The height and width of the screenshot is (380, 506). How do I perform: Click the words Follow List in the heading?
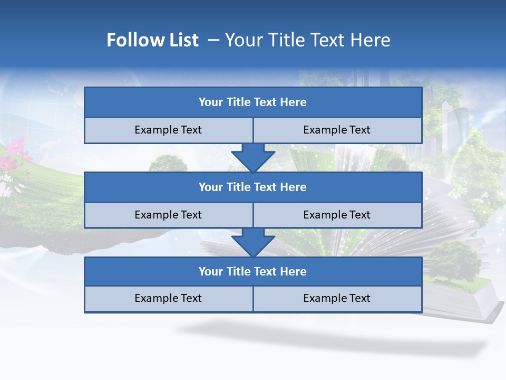(x=152, y=40)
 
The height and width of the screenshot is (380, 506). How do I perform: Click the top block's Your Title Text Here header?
(x=252, y=102)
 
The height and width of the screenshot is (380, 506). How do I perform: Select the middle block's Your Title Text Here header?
(x=252, y=187)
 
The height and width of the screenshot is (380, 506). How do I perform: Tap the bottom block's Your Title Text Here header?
(x=252, y=271)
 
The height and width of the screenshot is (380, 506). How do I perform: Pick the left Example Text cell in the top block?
(x=168, y=130)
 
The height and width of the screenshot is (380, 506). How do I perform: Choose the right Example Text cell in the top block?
(x=337, y=130)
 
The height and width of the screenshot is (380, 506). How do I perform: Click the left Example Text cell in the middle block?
(x=168, y=215)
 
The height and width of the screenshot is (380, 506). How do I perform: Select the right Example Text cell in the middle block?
(x=337, y=215)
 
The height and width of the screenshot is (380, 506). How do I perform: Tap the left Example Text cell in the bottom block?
(x=168, y=298)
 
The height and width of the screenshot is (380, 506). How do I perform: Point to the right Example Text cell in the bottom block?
(x=337, y=298)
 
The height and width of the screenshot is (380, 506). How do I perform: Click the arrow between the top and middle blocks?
(x=253, y=157)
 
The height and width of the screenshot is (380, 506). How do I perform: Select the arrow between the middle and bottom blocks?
(x=253, y=242)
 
